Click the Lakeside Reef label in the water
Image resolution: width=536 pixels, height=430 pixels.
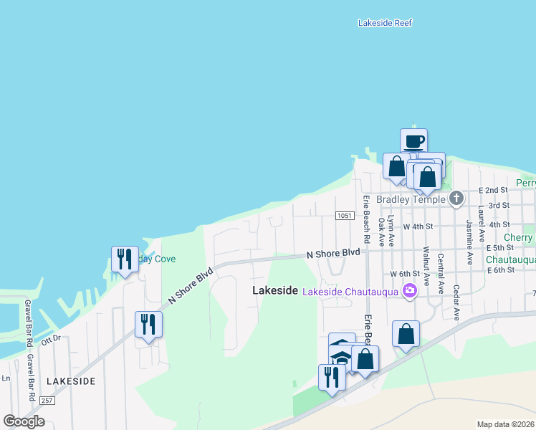tap(385, 23)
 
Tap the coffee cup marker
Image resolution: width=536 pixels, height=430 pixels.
tap(413, 141)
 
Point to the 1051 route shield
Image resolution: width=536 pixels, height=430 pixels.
tap(343, 216)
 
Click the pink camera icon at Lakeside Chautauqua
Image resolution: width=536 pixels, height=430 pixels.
tap(410, 290)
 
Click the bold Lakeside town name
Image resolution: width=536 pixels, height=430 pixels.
tap(275, 290)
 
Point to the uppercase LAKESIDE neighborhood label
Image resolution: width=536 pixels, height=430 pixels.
tap(71, 381)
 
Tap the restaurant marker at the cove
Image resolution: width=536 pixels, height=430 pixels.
tap(125, 259)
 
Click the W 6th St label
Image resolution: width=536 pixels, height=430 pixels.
tap(404, 274)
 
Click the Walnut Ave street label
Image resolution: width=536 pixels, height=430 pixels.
tap(426, 263)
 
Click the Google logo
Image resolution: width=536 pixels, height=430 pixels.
tap(24, 421)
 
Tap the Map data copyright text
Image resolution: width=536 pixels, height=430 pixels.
tap(505, 424)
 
